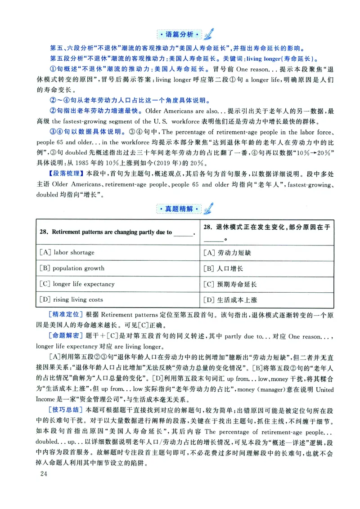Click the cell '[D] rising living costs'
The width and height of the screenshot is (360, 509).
click(72, 300)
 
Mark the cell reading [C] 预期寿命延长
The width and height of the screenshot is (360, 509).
click(230, 284)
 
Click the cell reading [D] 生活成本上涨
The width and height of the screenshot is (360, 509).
click(230, 300)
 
